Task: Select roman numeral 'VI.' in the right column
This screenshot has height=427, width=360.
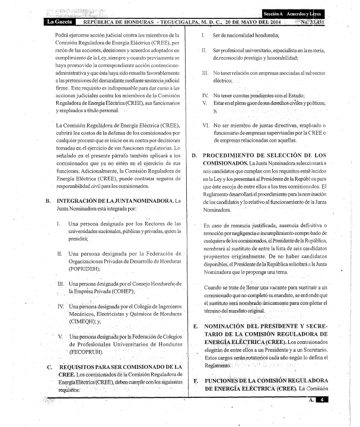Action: (205, 125)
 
